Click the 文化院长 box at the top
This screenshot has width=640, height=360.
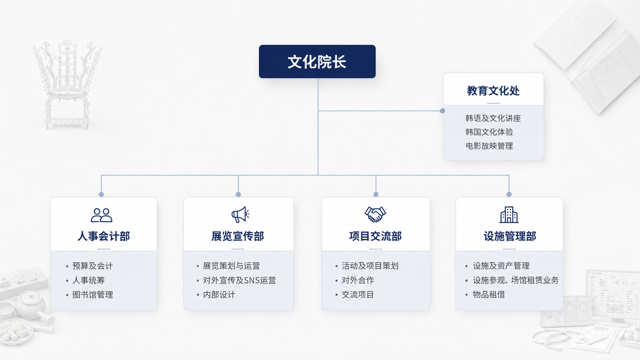point(317,61)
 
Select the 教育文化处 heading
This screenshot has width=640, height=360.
point(493,91)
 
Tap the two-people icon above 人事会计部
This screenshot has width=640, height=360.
point(101,215)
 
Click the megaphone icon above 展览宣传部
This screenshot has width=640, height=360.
point(240,214)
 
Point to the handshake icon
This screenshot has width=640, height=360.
point(375,214)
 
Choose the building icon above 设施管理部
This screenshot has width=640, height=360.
point(509,215)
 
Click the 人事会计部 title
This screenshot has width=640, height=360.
point(103,236)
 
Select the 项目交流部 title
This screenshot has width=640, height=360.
point(376,236)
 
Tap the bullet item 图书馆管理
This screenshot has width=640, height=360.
point(93,295)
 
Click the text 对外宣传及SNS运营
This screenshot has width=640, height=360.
point(240,280)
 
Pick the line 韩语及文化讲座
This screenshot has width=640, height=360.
point(493,118)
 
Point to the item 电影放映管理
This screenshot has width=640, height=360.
point(489,146)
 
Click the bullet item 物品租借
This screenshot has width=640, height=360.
point(489,294)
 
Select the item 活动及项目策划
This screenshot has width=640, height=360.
point(370,266)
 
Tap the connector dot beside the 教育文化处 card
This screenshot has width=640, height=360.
point(442,111)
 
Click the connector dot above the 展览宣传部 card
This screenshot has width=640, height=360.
point(238,194)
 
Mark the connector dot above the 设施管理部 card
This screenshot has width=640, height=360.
point(509,194)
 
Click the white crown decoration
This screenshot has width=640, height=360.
point(67,83)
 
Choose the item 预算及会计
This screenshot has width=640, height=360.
point(93,266)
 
